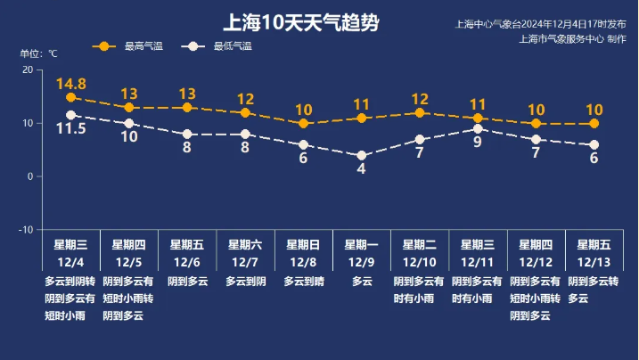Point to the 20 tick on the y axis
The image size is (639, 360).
pos(28,70)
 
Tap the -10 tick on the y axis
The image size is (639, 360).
pos(26,230)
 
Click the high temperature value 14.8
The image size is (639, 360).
pos(70,84)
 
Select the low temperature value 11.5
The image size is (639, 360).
pos(71,129)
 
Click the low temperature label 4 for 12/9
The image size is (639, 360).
pos(362,169)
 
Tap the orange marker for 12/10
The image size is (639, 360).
pos(420,112)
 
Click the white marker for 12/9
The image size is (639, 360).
pos(362,155)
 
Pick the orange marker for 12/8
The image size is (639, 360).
pos(303,123)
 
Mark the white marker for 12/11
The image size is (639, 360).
pos(478,129)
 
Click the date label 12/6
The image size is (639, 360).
pos(187,262)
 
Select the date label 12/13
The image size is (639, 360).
pos(594,262)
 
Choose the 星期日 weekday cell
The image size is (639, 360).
pos(303,244)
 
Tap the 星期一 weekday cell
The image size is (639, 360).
pos(362,244)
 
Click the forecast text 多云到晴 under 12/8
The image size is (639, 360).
pos(303,282)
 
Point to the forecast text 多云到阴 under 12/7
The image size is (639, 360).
pos(245,282)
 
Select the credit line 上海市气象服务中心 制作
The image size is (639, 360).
pos(572,39)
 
